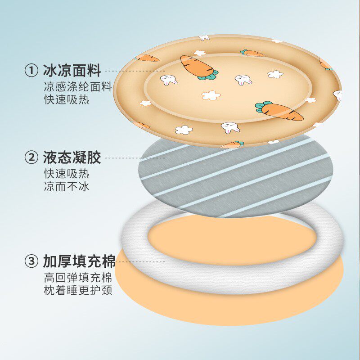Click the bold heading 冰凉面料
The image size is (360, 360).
click(72, 71)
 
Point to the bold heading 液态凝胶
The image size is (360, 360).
click(72, 157)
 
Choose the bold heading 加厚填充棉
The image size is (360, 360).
click(79, 261)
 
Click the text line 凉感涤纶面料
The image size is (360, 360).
click(78, 87)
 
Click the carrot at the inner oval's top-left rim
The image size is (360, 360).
click(197, 67)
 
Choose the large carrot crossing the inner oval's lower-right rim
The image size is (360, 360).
click(279, 111)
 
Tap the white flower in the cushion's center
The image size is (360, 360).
click(210, 95)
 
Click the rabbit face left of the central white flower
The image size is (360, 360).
click(169, 81)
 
